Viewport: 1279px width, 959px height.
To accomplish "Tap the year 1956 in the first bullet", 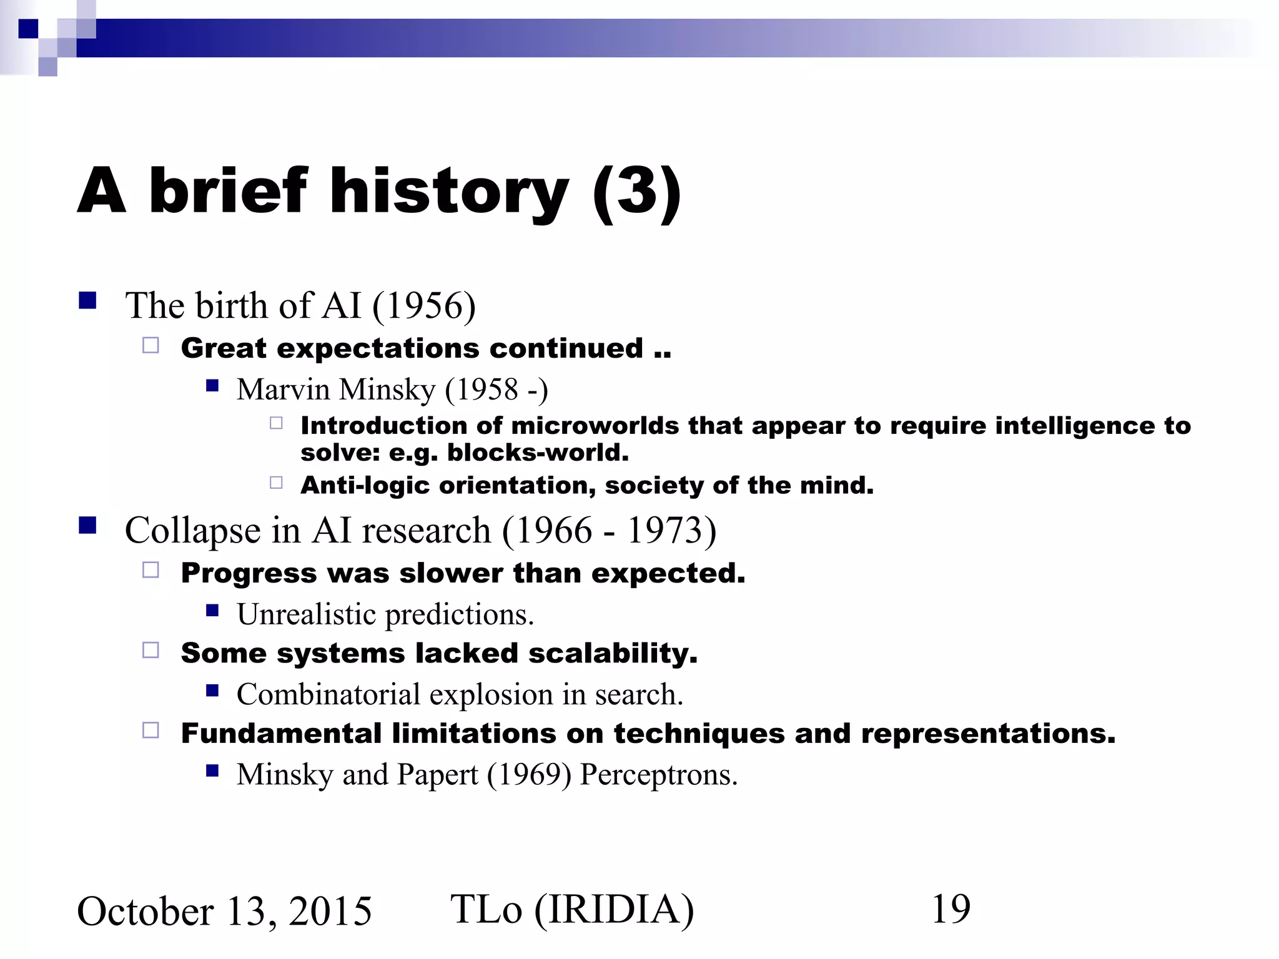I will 425,306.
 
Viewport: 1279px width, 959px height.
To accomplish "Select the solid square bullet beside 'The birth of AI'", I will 87,302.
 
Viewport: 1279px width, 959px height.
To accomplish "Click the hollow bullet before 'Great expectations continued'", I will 151,345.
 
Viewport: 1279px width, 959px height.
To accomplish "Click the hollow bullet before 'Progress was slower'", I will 151,570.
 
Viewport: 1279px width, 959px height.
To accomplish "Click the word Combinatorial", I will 328,694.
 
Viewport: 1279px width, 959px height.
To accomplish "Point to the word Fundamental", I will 281,734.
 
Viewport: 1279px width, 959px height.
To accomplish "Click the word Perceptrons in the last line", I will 658,775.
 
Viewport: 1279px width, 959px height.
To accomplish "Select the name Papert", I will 437,775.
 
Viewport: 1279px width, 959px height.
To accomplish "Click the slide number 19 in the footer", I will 951,909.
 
